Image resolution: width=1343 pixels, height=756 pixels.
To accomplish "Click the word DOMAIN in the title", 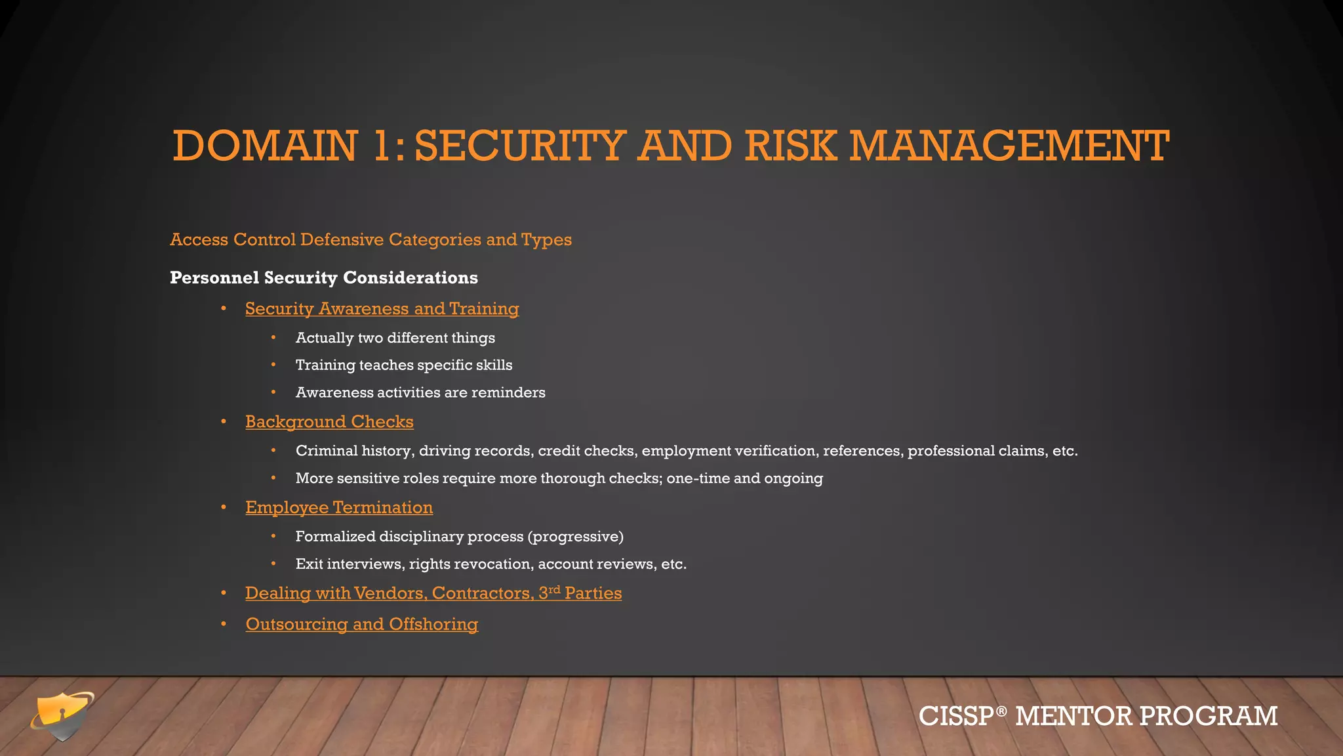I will pyautogui.click(x=265, y=146).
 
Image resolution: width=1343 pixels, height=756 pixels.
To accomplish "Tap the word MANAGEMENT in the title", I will pyautogui.click(x=1009, y=146).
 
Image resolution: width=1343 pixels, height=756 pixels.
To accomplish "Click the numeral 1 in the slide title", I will pyautogui.click(x=383, y=146).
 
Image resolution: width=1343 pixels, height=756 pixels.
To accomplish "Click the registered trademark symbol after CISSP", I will pyautogui.click(x=1001, y=711).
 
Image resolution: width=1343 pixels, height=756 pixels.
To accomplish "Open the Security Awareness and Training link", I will pyautogui.click(x=382, y=308).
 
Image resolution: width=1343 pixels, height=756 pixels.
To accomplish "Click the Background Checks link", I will pyautogui.click(x=329, y=421).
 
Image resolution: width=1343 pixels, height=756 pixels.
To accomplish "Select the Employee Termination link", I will pyautogui.click(x=339, y=507).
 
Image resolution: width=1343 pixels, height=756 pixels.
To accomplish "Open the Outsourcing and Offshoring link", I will pyautogui.click(x=361, y=624).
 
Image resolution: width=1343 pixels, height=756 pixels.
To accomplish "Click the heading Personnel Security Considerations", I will pyautogui.click(x=323, y=278).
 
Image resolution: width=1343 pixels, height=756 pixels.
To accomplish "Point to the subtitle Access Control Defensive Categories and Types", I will pyautogui.click(x=371, y=240).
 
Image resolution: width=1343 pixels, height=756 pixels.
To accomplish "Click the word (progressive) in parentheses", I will pyautogui.click(x=575, y=537).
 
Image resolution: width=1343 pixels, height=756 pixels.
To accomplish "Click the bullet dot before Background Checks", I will pyautogui.click(x=224, y=421).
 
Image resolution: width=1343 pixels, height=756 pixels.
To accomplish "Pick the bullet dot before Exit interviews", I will pyautogui.click(x=273, y=564).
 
